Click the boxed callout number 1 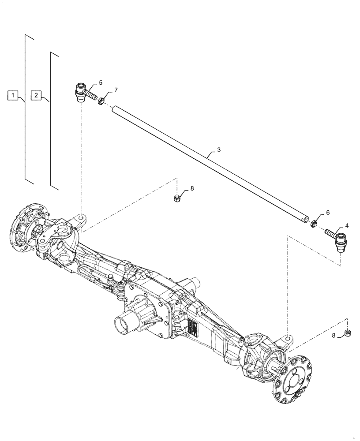(14, 95)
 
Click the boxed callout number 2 (37, 95)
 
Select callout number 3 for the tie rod (219, 150)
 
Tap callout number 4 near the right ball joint (347, 225)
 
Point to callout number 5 (101, 82)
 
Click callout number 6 (327, 213)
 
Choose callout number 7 (116, 90)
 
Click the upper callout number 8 (191, 188)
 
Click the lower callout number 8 (334, 336)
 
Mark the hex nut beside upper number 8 (176, 199)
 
